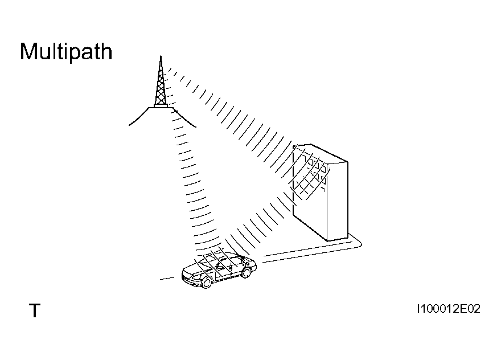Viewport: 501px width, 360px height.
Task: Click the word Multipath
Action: click(66, 51)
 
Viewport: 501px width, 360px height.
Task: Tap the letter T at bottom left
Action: click(35, 310)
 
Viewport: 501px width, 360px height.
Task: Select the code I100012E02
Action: click(449, 309)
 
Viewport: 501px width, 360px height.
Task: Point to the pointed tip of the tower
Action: click(161, 56)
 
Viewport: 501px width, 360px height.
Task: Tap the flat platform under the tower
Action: click(161, 107)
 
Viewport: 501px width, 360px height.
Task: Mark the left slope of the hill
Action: click(138, 117)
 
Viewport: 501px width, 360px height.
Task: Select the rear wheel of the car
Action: click(247, 272)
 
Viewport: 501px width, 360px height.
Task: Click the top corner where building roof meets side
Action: click(347, 161)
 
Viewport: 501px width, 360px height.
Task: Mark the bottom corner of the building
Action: click(327, 240)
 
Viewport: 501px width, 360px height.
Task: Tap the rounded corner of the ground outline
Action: click(360, 244)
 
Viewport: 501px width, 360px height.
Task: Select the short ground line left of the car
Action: click(167, 279)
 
